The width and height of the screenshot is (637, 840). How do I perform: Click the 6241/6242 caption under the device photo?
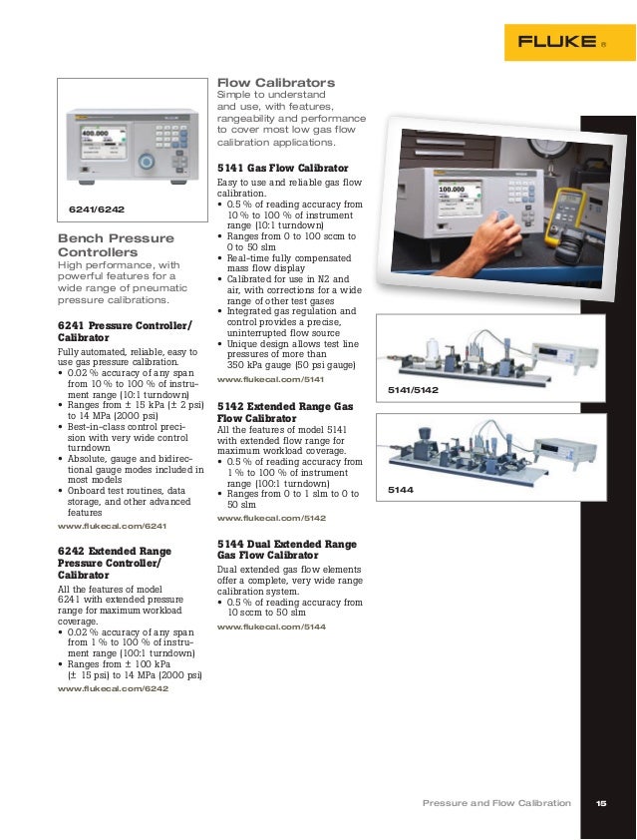click(97, 210)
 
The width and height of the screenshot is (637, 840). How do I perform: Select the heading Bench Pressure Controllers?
click(116, 245)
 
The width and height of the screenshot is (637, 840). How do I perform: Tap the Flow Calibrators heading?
click(276, 82)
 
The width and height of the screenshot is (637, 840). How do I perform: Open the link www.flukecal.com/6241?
click(112, 525)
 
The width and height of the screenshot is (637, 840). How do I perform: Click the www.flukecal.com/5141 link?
click(271, 380)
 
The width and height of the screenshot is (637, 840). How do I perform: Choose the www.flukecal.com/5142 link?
click(271, 518)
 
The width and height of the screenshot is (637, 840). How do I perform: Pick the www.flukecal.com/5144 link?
click(271, 626)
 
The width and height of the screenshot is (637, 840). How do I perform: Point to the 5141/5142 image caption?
click(412, 391)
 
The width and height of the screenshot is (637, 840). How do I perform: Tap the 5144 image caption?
click(399, 491)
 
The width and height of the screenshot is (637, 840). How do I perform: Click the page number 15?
click(601, 803)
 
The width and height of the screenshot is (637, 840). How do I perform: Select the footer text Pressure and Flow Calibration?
click(496, 803)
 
